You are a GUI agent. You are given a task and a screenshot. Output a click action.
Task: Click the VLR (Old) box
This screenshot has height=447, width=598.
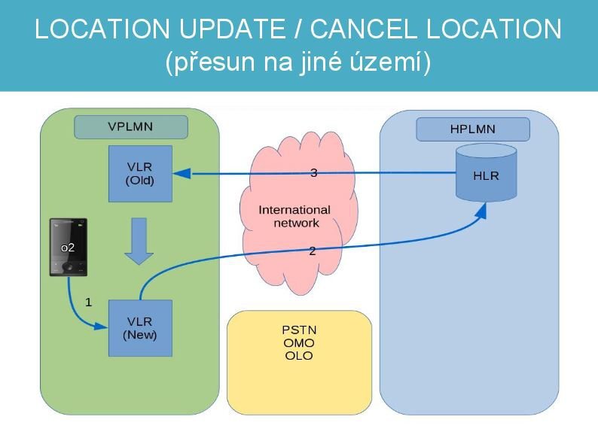click(140, 174)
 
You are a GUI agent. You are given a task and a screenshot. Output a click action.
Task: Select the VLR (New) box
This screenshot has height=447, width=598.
click(140, 328)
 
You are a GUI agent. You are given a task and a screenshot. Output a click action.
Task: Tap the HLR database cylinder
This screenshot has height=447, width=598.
click(486, 174)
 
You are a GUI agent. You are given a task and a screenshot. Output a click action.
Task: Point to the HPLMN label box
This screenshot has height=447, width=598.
click(472, 129)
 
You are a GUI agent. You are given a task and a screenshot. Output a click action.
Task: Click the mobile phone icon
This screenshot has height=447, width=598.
click(69, 248)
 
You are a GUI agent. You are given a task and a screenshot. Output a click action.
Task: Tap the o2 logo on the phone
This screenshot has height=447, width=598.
click(68, 248)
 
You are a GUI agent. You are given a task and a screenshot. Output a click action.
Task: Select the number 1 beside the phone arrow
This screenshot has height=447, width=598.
click(88, 303)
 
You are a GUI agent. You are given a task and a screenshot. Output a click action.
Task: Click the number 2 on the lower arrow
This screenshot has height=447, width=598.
click(313, 251)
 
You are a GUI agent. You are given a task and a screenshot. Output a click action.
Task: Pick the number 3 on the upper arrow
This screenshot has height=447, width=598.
click(314, 173)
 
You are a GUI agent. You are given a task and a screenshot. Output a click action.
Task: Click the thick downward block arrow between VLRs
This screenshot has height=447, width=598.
click(139, 241)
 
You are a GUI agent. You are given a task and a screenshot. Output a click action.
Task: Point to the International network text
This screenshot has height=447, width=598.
click(294, 216)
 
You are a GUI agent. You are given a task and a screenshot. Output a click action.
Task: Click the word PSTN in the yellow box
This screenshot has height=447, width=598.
click(299, 330)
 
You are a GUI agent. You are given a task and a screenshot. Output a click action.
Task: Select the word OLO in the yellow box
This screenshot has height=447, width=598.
click(299, 356)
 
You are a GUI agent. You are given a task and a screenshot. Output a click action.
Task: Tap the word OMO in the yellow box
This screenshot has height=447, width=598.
click(299, 343)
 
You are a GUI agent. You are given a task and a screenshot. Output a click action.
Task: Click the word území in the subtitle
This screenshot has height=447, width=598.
click(393, 62)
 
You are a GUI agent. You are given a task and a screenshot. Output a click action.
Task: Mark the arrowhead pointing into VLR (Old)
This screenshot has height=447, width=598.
click(179, 175)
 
